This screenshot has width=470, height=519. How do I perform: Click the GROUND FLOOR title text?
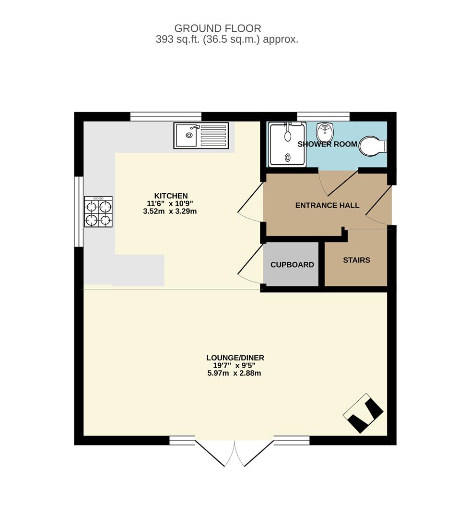218,28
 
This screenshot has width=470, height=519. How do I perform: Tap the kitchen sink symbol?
201,135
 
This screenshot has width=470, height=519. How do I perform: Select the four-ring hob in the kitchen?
98,211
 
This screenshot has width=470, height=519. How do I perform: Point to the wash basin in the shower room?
325,132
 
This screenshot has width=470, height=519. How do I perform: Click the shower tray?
287,144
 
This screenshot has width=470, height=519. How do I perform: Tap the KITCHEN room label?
171,196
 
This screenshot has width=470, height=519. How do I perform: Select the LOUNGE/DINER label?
235,358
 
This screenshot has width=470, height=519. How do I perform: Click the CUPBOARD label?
292,265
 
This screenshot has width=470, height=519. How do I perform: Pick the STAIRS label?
356,260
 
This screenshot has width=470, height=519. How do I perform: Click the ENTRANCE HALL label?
327,206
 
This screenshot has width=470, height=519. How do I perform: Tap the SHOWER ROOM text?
327,144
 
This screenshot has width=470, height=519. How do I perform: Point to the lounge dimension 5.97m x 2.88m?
234,373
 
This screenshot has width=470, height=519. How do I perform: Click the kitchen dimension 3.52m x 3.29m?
170,211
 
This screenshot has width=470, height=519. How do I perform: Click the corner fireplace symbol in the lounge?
363,413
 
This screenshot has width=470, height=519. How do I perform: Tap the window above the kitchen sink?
166,116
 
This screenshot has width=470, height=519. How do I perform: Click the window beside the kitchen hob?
79,211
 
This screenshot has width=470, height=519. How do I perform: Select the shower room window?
323,116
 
